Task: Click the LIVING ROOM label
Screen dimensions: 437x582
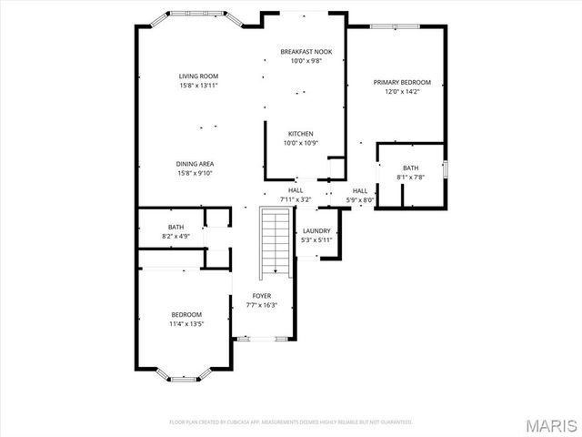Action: tap(197, 76)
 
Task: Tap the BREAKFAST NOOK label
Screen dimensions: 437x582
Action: tap(305, 52)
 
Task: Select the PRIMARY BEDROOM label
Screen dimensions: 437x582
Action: tap(401, 82)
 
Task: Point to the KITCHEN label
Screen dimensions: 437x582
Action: tap(301, 134)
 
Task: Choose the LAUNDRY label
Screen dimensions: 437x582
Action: tap(316, 231)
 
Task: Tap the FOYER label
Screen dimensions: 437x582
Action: tap(262, 296)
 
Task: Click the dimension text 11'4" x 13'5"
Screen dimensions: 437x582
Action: tap(186, 323)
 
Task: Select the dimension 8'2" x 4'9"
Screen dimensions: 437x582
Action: tap(176, 237)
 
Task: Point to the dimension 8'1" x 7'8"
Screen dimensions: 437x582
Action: tap(411, 178)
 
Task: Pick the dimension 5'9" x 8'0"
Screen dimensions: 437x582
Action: tap(359, 198)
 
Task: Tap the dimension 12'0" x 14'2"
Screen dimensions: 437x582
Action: tap(401, 91)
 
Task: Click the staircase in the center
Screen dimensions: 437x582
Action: tap(274, 241)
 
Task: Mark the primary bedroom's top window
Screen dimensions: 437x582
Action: tap(395, 25)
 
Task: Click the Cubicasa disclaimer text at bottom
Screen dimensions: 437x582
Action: tap(291, 422)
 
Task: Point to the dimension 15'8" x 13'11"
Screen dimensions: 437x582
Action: tap(197, 86)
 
